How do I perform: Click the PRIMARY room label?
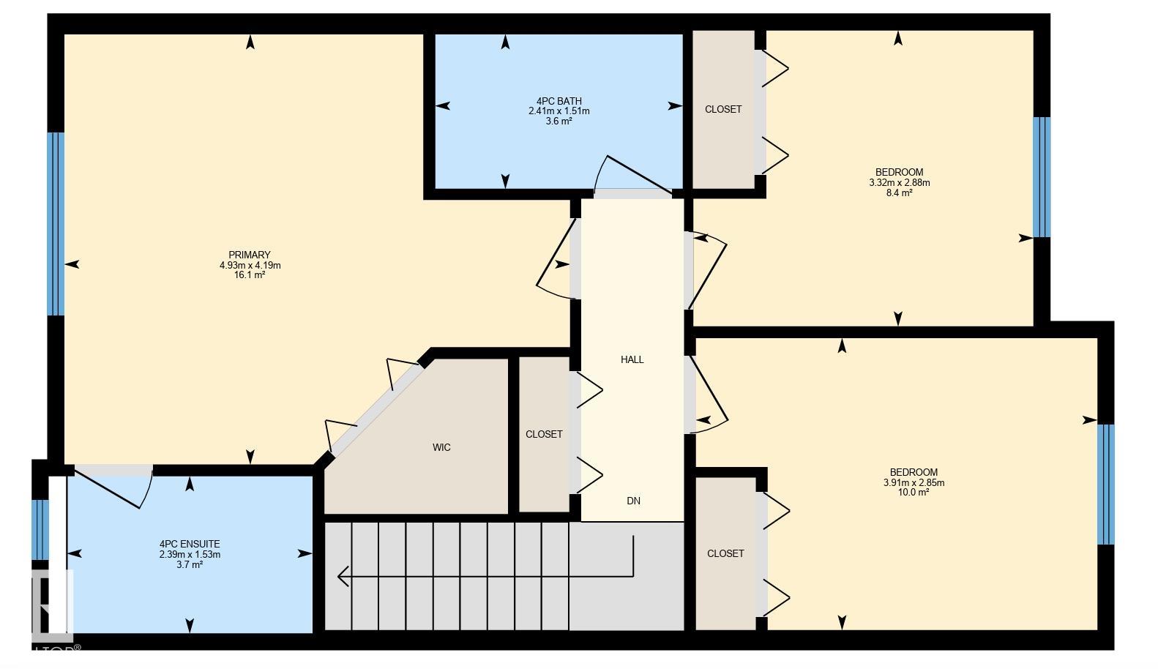pyautogui.click(x=250, y=255)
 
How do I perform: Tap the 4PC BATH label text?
pyautogui.click(x=559, y=101)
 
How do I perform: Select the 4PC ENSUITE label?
pyautogui.click(x=190, y=544)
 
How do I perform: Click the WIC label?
pyautogui.click(x=441, y=447)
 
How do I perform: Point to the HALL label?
pyautogui.click(x=632, y=359)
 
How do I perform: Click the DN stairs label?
pyautogui.click(x=633, y=501)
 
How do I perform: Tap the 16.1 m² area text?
pyautogui.click(x=250, y=275)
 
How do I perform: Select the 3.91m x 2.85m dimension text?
pyautogui.click(x=914, y=482)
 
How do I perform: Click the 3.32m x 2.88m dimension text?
pyautogui.click(x=899, y=183)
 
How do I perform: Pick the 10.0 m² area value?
pyautogui.click(x=914, y=493)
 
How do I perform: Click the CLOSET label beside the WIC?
pyautogui.click(x=544, y=434)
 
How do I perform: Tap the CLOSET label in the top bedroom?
pyautogui.click(x=723, y=109)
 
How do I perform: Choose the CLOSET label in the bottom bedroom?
pyautogui.click(x=725, y=553)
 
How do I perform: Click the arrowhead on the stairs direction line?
pyautogui.click(x=343, y=576)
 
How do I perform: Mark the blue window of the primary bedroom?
pyautogui.click(x=56, y=223)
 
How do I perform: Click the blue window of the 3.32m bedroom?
pyautogui.click(x=1041, y=177)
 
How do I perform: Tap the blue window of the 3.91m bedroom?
pyautogui.click(x=1105, y=484)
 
